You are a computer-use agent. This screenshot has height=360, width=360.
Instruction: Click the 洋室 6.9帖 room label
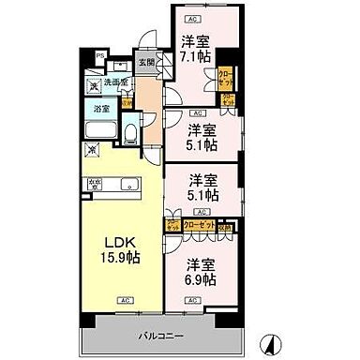[200, 272]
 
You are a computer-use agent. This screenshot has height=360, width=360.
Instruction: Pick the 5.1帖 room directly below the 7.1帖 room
[200, 138]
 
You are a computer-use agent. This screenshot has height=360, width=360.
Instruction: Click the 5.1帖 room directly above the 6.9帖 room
[200, 187]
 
